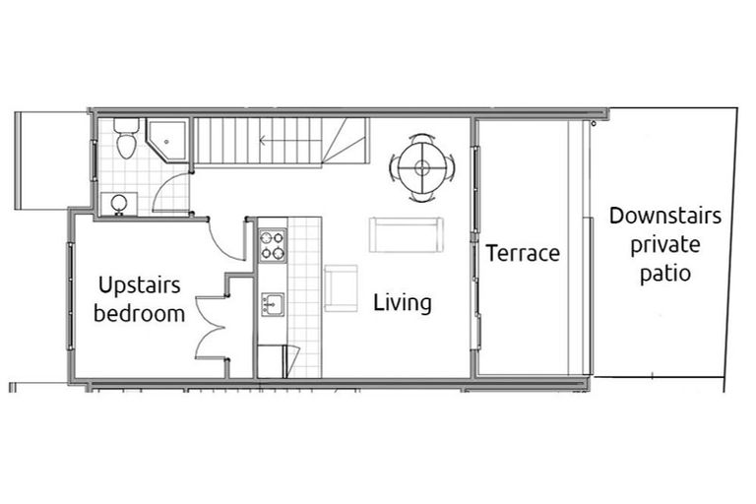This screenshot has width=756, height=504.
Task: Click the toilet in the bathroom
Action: tap(125, 141)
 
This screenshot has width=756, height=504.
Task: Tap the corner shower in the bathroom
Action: tap(169, 141)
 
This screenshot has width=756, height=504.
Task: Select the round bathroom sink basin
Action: tap(118, 204)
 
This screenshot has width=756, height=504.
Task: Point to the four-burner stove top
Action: tap(273, 245)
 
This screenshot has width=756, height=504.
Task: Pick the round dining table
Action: tap(422, 167)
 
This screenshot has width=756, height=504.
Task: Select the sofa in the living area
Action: tap(407, 234)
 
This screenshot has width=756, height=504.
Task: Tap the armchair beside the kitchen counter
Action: tap(341, 287)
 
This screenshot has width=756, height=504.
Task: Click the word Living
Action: tap(402, 302)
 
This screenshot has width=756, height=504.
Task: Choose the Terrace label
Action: tap(523, 253)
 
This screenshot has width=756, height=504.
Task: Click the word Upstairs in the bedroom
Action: tap(139, 285)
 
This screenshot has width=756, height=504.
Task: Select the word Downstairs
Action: tap(664, 216)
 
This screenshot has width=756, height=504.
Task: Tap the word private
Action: tap(664, 244)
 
